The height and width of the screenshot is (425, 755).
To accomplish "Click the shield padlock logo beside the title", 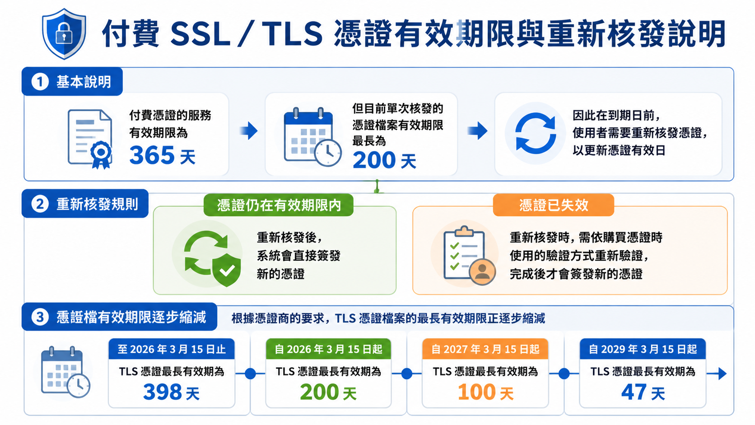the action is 64,34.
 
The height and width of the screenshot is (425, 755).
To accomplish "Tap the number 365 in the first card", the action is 152,155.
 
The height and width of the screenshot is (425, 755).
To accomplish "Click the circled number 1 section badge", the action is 40,82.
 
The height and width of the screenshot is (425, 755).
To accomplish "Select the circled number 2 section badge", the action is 40,204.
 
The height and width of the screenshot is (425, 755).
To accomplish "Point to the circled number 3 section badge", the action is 40,317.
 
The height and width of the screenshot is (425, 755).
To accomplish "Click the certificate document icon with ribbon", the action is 90,139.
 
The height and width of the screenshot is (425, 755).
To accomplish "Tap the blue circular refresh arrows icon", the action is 535,134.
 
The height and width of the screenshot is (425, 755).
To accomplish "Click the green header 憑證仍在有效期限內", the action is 279,205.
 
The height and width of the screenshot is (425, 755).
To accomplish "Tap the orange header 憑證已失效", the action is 554,205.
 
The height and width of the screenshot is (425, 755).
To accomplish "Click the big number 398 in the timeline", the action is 163,392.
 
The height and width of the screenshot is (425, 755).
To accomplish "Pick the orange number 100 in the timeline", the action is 476,392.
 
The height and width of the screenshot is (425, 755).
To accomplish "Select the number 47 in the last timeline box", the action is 634,392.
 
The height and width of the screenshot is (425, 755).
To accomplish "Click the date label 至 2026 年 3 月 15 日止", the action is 172,349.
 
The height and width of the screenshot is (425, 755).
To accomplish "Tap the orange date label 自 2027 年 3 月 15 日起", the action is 485,349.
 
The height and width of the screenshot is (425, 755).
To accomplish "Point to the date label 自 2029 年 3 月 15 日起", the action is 643,349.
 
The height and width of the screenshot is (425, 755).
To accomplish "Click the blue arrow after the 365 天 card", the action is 249,131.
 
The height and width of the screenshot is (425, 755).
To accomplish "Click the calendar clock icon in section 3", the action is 65,372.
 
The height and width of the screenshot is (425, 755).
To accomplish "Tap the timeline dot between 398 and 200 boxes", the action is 250,374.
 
